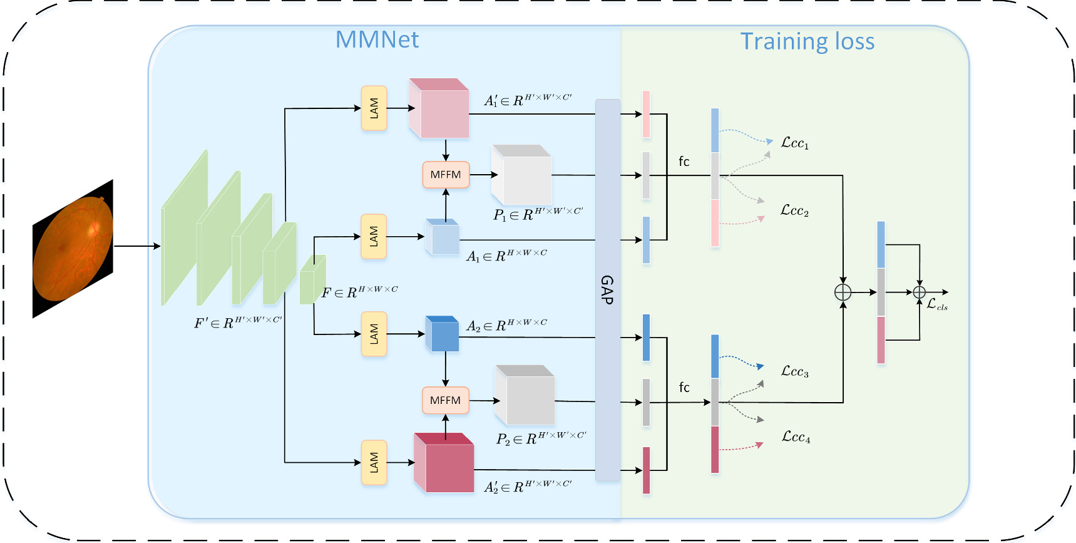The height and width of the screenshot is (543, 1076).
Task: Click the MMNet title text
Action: [377, 39]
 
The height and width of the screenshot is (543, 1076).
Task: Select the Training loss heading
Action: [807, 41]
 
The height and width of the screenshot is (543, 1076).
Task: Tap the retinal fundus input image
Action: [73, 249]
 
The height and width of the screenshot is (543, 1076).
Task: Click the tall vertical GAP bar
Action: [607, 289]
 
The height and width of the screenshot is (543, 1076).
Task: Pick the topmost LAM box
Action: [374, 108]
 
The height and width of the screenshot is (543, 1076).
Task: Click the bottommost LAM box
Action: [374, 462]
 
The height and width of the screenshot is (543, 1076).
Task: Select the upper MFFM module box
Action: [446, 175]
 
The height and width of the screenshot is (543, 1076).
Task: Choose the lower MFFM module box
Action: [445, 400]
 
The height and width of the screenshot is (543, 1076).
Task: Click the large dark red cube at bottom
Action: [444, 463]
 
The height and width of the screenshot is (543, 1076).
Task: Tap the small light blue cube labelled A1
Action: [443, 237]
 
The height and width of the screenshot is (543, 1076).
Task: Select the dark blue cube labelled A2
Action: [443, 334]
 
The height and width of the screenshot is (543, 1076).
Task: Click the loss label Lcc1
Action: [794, 143]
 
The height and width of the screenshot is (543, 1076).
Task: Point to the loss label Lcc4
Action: [796, 437]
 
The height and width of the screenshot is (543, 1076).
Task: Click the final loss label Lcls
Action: [936, 305]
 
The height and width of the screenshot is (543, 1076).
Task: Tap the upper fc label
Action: [684, 162]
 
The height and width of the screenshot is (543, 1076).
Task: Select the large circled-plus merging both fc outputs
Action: [843, 292]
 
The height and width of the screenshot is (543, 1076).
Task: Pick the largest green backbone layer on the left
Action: [184, 228]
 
